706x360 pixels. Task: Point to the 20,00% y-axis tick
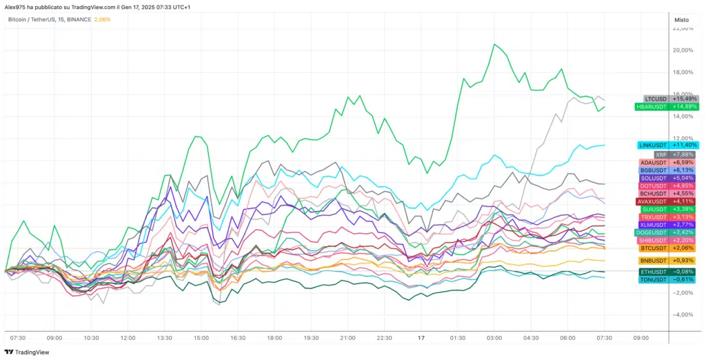point(683,50)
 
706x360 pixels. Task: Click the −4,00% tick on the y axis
point(683,314)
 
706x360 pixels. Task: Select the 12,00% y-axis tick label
point(683,139)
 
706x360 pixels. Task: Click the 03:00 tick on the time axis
point(494,338)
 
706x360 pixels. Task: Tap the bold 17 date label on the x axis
point(421,338)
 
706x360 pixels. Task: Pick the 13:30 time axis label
point(164,338)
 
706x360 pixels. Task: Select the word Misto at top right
point(682,19)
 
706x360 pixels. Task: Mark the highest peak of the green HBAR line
point(494,44)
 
